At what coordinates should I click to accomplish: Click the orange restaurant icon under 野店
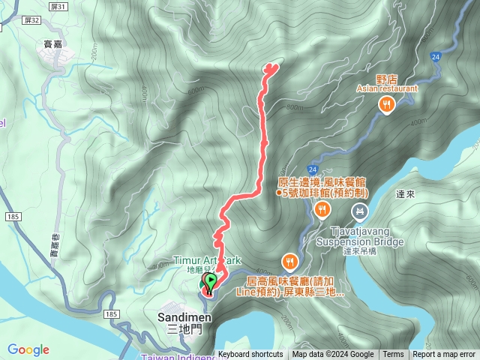387,104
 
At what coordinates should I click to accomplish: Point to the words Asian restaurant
387,88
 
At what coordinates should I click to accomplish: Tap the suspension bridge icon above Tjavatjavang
361,212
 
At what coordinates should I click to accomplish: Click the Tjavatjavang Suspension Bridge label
360,236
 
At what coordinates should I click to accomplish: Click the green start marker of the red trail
211,282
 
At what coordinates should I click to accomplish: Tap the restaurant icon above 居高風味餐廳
289,261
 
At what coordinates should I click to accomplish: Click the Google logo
28,349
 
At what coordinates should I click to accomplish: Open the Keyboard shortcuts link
250,355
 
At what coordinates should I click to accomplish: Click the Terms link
393,355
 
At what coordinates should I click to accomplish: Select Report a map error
444,355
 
